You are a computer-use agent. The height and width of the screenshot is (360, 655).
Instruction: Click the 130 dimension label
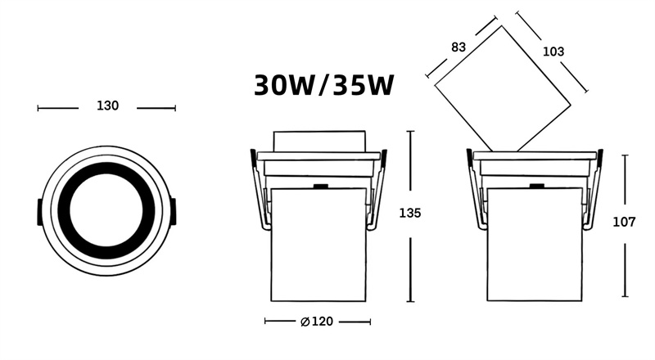108,106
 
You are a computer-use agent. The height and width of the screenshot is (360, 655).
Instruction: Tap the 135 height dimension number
410,213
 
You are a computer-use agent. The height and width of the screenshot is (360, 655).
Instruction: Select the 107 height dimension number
624,222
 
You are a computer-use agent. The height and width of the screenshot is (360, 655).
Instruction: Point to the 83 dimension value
458,47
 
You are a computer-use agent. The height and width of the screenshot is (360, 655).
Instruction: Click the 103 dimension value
553,52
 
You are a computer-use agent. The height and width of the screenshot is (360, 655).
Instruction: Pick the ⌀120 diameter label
317,322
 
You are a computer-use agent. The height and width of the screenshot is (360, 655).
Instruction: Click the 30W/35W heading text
324,85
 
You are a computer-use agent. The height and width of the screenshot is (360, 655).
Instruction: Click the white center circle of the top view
106,210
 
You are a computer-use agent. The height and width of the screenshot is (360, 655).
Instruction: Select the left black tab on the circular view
38,211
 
